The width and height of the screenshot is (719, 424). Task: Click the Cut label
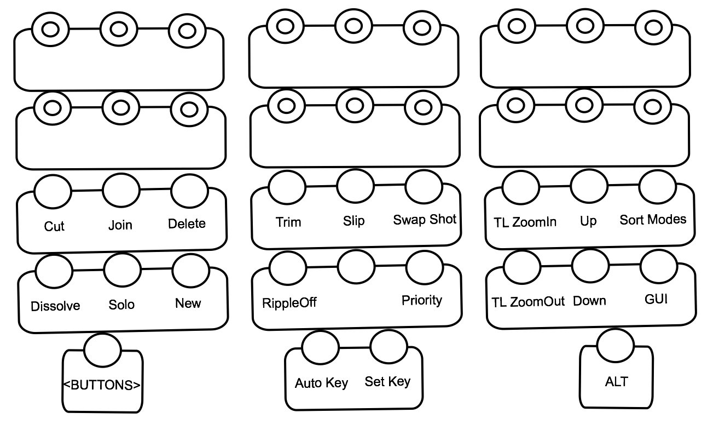[54, 226]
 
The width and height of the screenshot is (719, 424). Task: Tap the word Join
[120, 225]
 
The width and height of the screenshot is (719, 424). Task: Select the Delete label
[187, 224]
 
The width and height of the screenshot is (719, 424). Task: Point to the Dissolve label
[55, 306]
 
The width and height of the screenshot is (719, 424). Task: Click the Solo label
[121, 305]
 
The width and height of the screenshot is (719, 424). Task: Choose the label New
[188, 303]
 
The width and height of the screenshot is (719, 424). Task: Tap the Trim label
[288, 222]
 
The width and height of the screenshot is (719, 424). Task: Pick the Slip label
[353, 221]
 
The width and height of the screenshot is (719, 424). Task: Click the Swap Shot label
[425, 220]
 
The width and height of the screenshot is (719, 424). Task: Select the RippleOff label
[289, 303]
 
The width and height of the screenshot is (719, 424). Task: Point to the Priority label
[422, 300]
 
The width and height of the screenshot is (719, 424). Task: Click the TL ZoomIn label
[525, 222]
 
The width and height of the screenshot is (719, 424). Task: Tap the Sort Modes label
[653, 220]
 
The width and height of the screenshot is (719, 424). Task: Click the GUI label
[656, 299]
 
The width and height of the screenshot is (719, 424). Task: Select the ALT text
[617, 382]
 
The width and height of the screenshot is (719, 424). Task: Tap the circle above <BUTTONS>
[102, 350]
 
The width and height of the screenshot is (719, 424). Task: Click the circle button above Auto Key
[320, 347]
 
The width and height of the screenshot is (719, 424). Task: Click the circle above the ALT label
[616, 346]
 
